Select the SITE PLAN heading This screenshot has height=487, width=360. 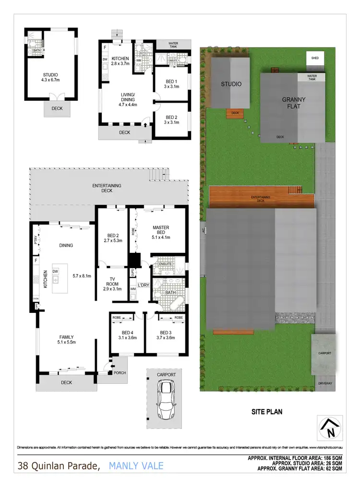click(x=266, y=411)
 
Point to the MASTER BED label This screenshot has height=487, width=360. click(x=161, y=232)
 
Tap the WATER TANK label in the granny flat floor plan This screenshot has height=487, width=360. click(x=173, y=46)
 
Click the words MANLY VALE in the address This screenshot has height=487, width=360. click(x=136, y=465)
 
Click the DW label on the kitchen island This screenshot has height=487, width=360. click(x=56, y=272)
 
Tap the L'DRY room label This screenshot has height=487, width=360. click(x=144, y=286)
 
